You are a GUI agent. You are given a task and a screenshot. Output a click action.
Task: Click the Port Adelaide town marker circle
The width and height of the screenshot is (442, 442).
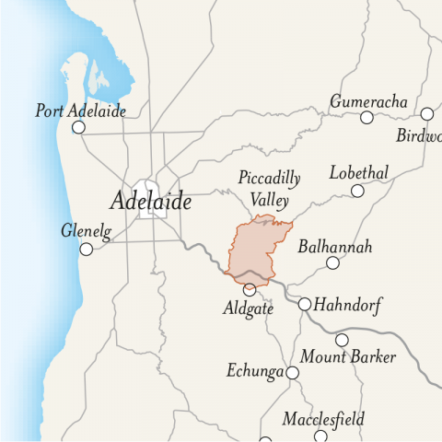[79, 128]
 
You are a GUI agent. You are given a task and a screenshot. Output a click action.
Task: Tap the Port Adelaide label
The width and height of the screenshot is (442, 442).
[80, 110]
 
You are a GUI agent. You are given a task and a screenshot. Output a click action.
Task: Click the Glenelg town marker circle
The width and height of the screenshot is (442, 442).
[87, 249]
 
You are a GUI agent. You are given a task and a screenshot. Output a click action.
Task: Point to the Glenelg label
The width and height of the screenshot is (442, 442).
[86, 232]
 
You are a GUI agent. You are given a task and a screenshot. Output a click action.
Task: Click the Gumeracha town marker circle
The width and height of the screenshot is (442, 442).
[366, 117]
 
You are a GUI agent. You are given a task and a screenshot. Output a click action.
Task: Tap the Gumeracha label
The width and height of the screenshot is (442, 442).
[368, 100]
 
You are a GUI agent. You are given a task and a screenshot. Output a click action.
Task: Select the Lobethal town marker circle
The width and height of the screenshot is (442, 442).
[357, 191]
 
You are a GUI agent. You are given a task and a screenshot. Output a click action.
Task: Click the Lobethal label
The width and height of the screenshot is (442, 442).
[359, 173]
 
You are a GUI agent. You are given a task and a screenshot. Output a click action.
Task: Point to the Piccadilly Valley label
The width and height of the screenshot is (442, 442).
[263, 188]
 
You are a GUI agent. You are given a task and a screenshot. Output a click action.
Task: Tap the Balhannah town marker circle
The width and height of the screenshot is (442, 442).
[333, 263]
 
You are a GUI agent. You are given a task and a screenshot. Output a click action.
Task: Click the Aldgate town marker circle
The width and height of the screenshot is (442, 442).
[250, 289]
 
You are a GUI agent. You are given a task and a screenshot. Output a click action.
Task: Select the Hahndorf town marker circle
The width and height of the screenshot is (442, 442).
[305, 304]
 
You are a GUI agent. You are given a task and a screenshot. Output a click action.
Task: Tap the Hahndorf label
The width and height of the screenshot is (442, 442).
[348, 305]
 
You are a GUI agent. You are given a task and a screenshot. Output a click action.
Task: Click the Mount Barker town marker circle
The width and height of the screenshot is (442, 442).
[342, 340]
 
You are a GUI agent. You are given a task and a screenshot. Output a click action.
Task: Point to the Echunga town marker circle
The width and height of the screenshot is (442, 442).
[293, 373]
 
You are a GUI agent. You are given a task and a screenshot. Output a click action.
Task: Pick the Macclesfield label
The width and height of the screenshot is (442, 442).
[323, 420]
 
